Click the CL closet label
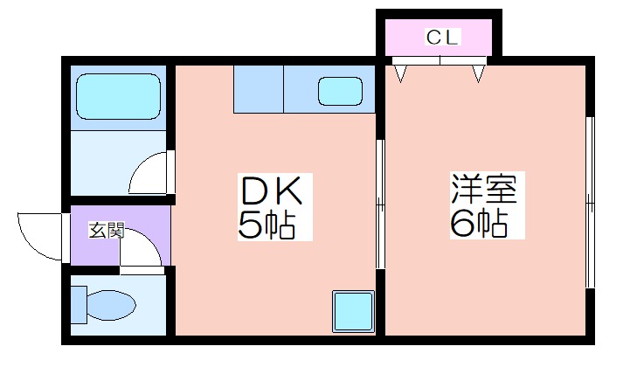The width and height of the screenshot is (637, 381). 442,37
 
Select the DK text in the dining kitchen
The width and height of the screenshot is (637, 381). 272,190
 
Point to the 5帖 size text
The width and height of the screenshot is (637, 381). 267,225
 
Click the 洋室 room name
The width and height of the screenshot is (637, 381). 484,188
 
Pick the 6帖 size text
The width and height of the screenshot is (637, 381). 479,223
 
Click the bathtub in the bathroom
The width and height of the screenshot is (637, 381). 118,97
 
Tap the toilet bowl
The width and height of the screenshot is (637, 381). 111,305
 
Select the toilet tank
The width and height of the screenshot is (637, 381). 79,305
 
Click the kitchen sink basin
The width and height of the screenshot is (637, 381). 340,92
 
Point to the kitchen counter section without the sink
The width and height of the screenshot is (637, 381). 259,89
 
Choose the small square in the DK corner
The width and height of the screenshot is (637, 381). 353,312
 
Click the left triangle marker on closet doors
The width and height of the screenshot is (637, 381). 401,73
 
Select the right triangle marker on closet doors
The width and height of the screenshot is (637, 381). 478,73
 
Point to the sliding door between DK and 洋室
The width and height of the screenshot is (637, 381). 380,204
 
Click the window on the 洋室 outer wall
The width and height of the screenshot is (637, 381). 590,202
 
